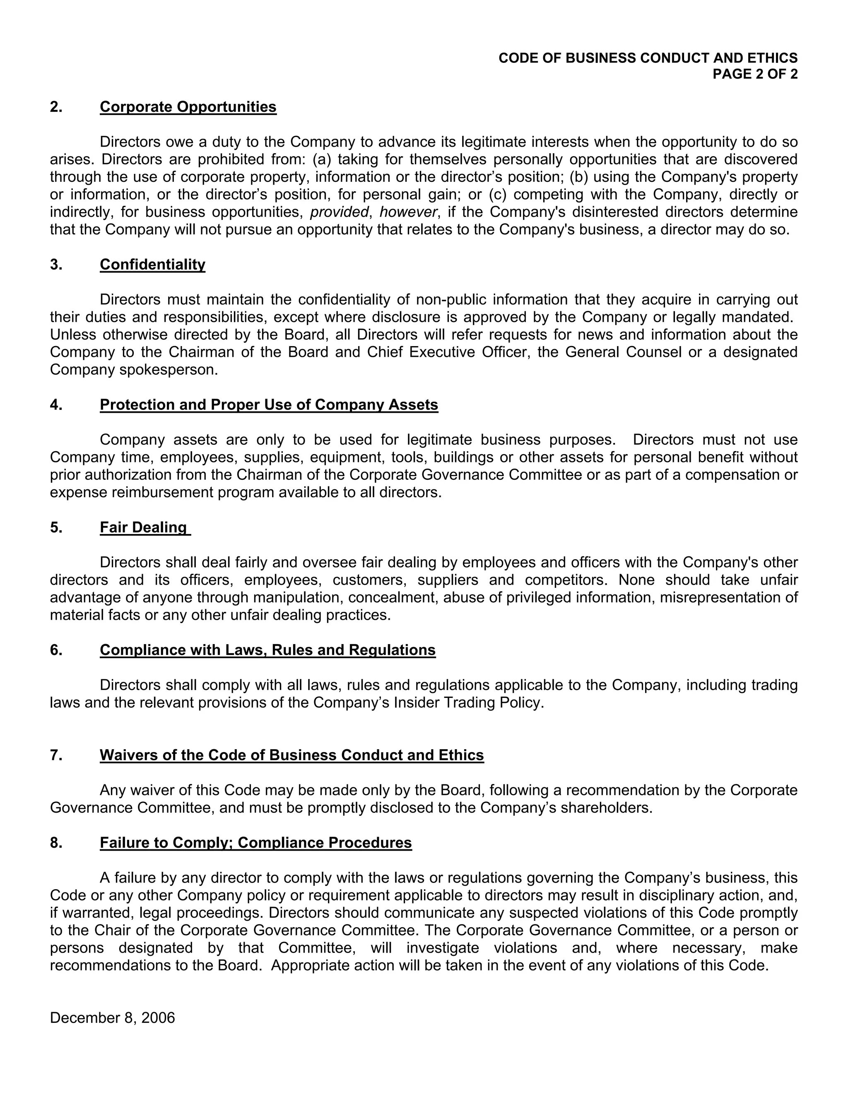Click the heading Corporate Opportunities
[188, 107]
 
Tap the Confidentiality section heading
[152, 265]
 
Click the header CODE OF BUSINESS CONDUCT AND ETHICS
[648, 58]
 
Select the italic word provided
[339, 212]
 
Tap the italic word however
[408, 212]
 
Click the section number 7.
[56, 755]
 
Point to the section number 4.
[56, 405]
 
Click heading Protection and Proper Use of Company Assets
[269, 405]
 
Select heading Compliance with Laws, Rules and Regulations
[267, 650]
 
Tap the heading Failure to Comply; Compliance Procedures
[256, 843]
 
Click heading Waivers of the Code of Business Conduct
[291, 755]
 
